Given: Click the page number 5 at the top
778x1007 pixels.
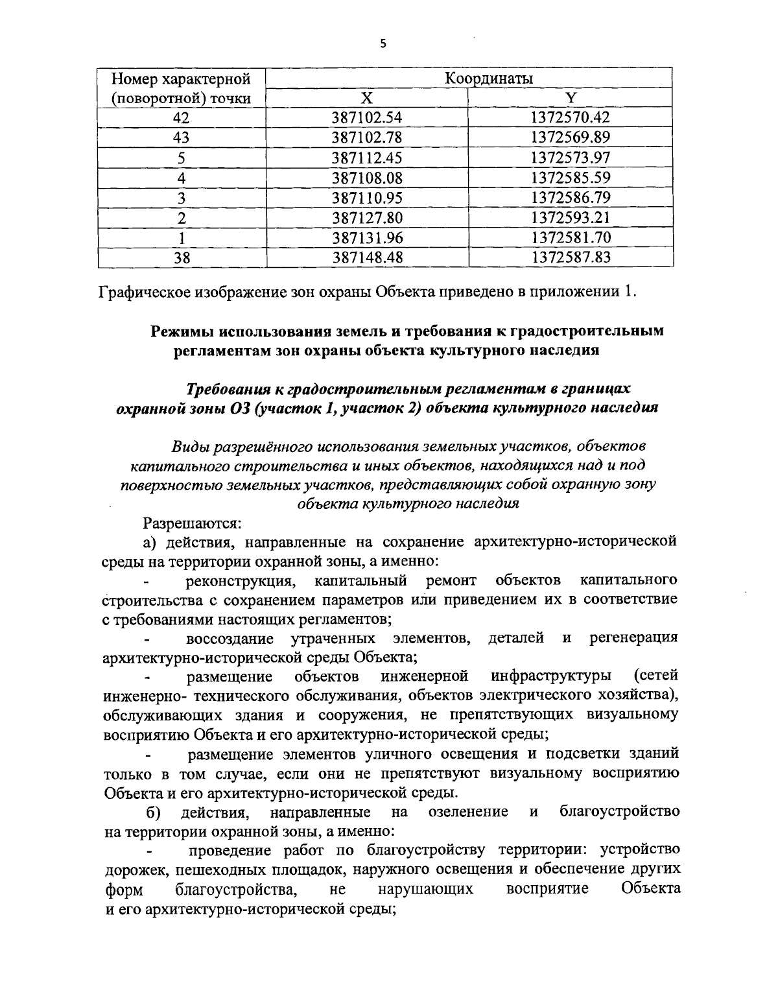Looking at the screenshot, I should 383,44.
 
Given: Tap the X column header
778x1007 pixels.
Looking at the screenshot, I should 367,98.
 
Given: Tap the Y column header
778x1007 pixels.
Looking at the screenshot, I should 571,98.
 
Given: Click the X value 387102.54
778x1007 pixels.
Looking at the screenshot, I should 368,117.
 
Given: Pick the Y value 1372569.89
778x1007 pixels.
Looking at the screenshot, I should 571,137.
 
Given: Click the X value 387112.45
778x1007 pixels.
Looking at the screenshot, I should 368,158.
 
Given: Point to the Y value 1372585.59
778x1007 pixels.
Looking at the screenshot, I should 571,178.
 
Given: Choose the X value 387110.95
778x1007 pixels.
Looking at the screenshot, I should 368,197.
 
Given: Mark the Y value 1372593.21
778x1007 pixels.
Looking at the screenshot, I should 571,217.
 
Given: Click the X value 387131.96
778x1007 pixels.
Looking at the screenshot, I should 368,237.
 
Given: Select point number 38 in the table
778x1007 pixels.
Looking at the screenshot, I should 182,257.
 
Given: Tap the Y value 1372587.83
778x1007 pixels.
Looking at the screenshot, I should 571,257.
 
